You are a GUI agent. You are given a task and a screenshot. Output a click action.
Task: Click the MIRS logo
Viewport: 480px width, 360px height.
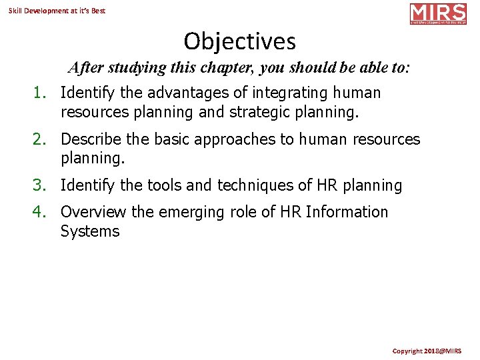(x=438, y=13)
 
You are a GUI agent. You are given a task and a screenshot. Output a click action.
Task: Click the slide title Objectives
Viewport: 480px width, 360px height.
(x=239, y=41)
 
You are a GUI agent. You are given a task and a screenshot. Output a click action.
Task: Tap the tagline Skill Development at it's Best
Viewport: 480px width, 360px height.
(x=57, y=11)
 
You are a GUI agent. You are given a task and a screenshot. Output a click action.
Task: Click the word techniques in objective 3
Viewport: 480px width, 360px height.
(x=266, y=185)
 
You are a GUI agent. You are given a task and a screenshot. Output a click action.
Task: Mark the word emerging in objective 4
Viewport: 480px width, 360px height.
(x=197, y=212)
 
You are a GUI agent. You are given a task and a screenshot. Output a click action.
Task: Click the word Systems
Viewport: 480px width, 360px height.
(x=90, y=231)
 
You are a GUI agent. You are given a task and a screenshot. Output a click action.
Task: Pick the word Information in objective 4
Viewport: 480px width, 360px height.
(x=347, y=212)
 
